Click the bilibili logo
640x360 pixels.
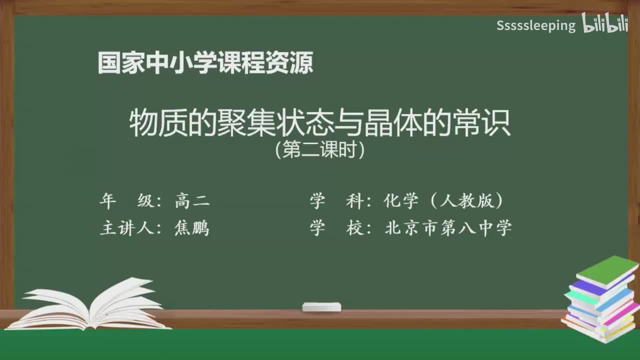604,24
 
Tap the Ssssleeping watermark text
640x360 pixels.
536,25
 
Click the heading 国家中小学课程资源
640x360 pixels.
205,63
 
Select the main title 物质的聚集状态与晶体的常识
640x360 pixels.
320,123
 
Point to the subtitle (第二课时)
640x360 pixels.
320,150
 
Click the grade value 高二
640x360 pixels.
192,201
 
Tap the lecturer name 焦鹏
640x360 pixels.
192,228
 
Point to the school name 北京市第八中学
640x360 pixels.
448,228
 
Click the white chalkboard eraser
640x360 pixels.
321,306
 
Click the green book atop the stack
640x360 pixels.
607,270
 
